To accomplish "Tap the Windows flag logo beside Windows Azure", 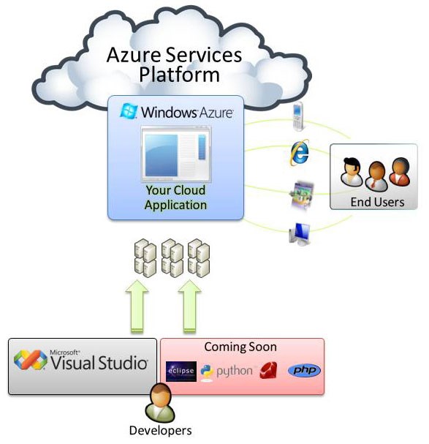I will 129,111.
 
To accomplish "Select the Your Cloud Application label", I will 175,197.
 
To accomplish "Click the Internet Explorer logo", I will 299,152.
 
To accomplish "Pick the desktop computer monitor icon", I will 299,233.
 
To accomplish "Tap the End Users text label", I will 377,202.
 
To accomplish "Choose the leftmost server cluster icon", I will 145,258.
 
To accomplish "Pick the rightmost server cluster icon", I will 198,258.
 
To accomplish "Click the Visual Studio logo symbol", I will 31,360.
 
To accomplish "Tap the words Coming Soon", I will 240,346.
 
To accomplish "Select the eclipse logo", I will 181,372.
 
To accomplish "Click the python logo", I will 208,372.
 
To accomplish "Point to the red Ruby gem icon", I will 268,371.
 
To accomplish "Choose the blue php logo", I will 303,371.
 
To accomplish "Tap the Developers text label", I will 160,430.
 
